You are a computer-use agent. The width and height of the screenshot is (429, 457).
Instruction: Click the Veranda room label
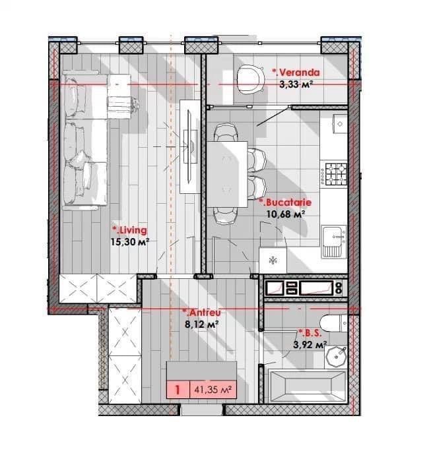pyautogui.click(x=296, y=72)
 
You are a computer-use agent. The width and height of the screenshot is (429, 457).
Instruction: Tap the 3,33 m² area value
pyautogui.click(x=296, y=84)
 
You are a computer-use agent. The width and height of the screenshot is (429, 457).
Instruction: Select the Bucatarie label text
pyautogui.click(x=285, y=202)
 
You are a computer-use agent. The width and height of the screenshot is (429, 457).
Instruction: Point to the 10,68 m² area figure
pyautogui.click(x=286, y=214)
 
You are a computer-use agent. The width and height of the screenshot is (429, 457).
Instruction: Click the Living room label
pyautogui.click(x=129, y=230)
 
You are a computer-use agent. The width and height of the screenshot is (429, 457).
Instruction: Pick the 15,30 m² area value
pyautogui.click(x=130, y=241)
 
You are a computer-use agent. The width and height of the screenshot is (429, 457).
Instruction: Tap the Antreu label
pyautogui.click(x=201, y=313)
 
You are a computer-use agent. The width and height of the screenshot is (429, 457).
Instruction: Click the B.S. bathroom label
pyautogui.click(x=310, y=333)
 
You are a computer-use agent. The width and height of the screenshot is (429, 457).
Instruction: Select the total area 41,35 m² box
pyautogui.click(x=213, y=389)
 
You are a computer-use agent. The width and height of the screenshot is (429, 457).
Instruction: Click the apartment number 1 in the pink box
pyautogui.click(x=178, y=389)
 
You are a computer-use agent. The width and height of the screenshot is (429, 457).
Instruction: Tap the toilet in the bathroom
pyautogui.click(x=333, y=323)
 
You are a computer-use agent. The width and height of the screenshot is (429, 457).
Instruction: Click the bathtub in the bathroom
pyautogui.click(x=308, y=386)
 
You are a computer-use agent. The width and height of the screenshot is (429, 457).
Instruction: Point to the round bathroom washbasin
pyautogui.click(x=336, y=356)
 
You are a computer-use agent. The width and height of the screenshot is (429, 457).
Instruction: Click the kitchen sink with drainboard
pyautogui.click(x=334, y=241)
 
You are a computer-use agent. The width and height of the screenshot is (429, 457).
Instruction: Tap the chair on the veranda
pyautogui.click(x=251, y=79)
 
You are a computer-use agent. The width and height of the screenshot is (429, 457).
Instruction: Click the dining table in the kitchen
pyautogui.click(x=227, y=174)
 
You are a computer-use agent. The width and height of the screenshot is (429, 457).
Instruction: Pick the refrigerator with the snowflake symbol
pyautogui.click(x=273, y=260)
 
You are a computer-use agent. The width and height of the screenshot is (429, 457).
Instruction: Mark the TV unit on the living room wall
pyautogui.click(x=190, y=146)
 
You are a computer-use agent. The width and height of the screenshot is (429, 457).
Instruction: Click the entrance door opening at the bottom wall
pyautogui.click(x=202, y=410)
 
